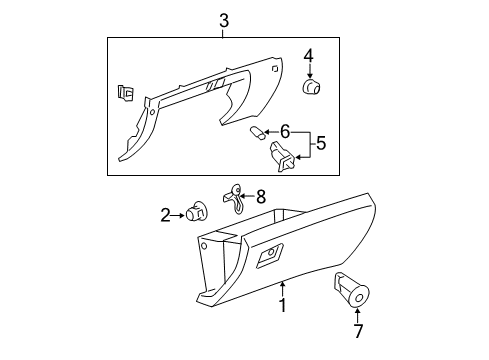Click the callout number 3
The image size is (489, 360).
[x=224, y=19]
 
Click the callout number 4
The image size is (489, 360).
[x=310, y=56]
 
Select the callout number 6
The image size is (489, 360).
[x=285, y=131]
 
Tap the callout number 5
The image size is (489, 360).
[x=320, y=143]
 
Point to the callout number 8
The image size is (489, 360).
[x=261, y=198]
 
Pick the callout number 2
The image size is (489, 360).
[x=165, y=213]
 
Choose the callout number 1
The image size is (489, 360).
[x=283, y=306]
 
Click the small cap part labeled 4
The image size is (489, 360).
[x=311, y=87]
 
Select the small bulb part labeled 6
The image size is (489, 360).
[x=256, y=133]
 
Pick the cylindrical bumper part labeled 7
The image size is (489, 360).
[x=352, y=290]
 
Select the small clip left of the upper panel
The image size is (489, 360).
[x=124, y=94]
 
